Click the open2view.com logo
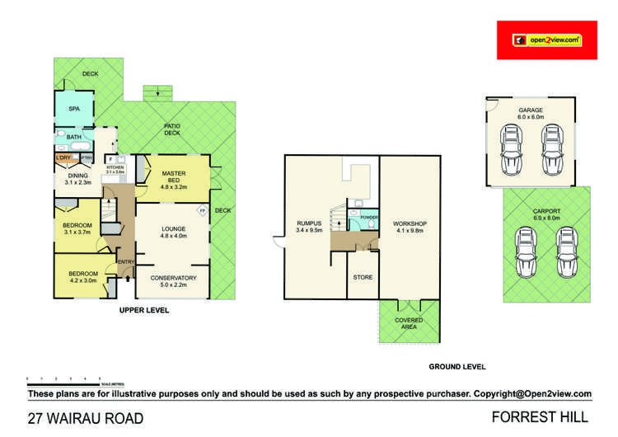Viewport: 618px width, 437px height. [546, 40]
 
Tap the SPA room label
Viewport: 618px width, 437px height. [73, 109]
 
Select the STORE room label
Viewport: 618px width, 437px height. [363, 278]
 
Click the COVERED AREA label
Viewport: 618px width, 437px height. [409, 323]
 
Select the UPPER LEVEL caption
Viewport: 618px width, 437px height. [144, 310]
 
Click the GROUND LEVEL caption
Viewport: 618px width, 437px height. [457, 366]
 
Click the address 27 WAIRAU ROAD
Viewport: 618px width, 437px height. [86, 418]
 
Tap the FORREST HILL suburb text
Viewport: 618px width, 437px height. [539, 417]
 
